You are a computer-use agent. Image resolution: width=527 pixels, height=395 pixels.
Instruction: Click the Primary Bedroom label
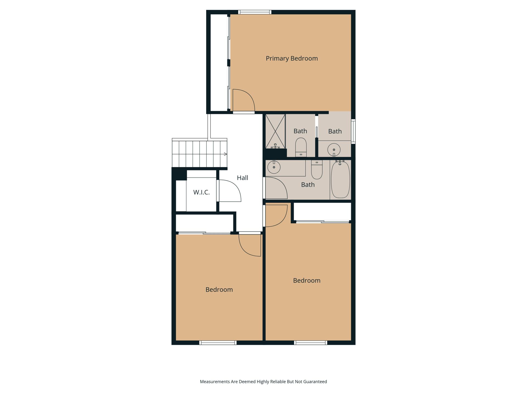(292, 58)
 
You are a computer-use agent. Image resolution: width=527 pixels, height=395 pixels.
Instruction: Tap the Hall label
(242, 178)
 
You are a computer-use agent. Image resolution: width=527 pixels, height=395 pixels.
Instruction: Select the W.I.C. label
(201, 192)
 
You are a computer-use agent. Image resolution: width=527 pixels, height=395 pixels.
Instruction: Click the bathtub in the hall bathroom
(340, 179)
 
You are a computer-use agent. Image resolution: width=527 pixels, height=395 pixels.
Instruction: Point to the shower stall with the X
(275, 131)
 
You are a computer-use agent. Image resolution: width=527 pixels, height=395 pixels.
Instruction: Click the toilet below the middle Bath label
(301, 147)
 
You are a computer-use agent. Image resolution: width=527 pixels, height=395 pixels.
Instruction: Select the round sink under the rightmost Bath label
(334, 150)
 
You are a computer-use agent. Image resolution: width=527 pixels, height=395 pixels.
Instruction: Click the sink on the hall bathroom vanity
(274, 167)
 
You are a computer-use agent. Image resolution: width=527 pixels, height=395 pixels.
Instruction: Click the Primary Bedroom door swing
(244, 100)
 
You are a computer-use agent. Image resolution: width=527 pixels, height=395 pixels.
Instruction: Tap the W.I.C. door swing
(230, 191)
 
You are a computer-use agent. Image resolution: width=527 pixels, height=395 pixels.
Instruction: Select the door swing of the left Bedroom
(250, 246)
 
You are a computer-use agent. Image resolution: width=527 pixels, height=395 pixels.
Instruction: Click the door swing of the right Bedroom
(276, 216)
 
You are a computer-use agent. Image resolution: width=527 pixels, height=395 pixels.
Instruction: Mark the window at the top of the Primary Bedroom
(255, 12)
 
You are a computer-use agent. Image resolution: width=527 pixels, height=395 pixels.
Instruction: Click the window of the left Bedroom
(218, 343)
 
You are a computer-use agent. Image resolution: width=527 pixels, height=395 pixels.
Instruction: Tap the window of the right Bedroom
(311, 343)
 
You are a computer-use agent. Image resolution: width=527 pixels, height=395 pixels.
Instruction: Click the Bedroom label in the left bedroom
(219, 290)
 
